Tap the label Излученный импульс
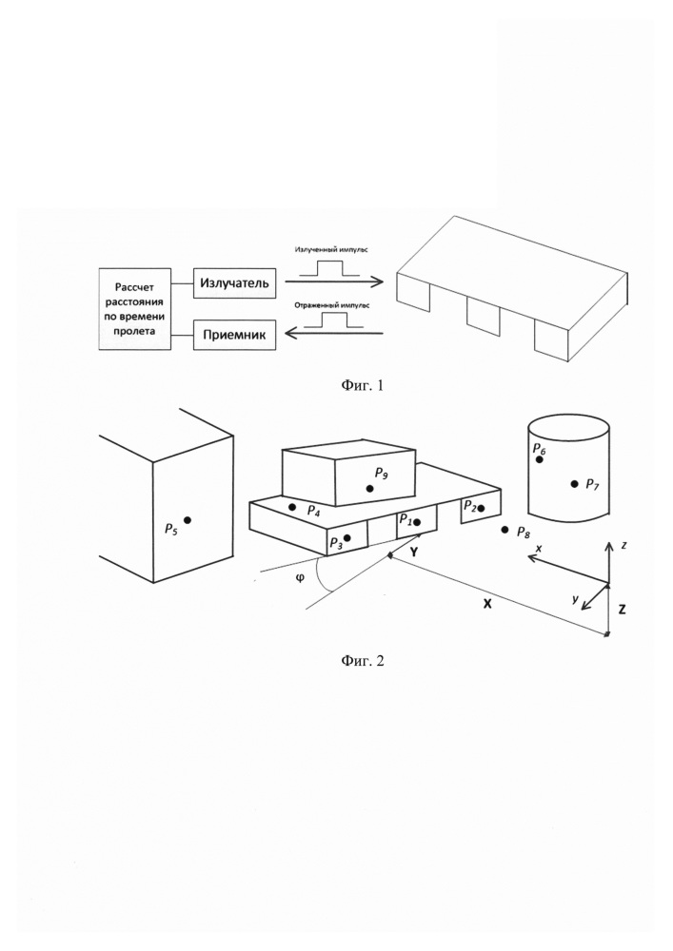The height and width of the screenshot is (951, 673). coord(329,249)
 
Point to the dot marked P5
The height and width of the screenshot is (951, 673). coord(188,519)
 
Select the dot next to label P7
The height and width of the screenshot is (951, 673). coord(574,484)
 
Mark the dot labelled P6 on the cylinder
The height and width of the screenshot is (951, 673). coord(540,459)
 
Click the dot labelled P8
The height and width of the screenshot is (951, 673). coord(505,529)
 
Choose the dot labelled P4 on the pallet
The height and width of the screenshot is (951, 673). coord(292,507)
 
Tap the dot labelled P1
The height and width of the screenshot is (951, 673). coord(417,522)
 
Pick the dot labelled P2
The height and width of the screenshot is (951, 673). coord(482,509)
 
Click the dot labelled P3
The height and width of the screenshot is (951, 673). coord(347,538)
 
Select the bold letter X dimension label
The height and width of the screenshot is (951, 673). coord(486,605)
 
